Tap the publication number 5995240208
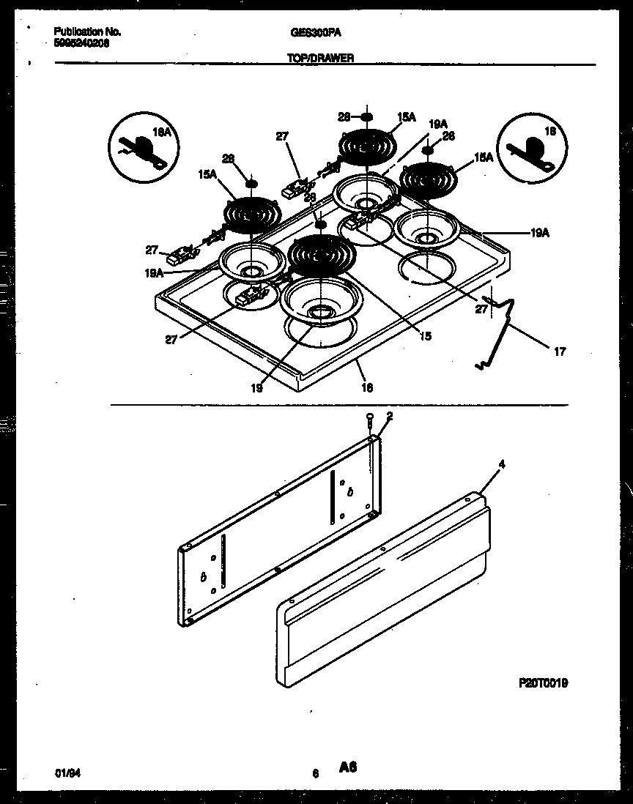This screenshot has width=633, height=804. pos(82,43)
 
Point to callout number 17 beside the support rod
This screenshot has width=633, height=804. pos(560,352)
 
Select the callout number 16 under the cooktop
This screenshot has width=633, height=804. pos(367,387)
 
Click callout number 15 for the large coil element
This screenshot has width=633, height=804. pos(426,336)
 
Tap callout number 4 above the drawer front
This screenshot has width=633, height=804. pos(502,464)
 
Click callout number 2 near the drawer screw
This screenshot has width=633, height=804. pos(389,415)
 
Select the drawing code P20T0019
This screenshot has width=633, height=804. pos(543,682)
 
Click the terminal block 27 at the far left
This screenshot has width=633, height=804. pos(178,256)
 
